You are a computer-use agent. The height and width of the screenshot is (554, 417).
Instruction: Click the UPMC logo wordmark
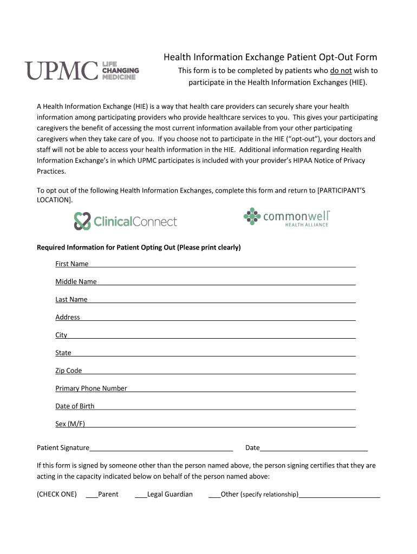coord(61,71)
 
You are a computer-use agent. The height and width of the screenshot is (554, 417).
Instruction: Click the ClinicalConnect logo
coord(126,221)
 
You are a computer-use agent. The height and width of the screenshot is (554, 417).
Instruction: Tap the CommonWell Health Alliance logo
coord(286,217)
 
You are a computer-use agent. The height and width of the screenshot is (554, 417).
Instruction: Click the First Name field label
coord(71,264)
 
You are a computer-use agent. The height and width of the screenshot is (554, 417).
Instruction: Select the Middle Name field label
coord(76,282)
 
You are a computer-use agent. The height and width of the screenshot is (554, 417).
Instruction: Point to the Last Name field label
coord(71,300)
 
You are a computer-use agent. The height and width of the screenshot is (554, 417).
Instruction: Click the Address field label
coord(68,318)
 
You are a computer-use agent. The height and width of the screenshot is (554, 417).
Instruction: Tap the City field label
coord(61,335)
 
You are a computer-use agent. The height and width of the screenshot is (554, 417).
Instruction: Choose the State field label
coord(63,353)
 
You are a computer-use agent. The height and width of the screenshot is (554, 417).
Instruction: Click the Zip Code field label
coord(69,371)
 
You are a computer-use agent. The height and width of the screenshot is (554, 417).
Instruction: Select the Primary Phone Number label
coord(91,388)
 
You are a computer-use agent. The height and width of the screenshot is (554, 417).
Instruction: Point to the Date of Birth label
coord(75,406)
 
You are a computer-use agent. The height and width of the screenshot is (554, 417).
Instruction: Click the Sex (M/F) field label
coord(70,424)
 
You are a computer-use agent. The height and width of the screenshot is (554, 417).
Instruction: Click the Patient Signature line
coord(161,449)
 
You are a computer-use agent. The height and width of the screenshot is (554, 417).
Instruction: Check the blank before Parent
coord(92,495)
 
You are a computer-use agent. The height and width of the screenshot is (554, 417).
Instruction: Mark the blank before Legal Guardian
coord(140,495)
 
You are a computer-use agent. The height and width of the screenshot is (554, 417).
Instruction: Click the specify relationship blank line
coord(340,495)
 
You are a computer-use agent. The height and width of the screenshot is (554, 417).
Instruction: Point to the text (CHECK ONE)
coord(56,494)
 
